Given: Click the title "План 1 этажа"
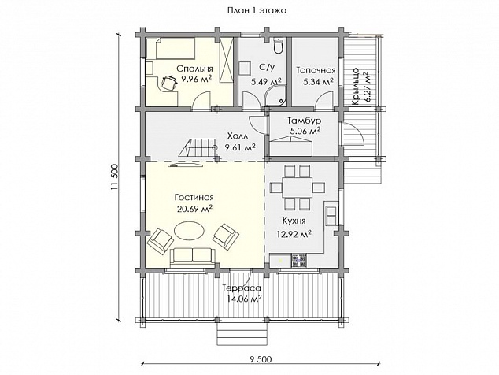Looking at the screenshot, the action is coord(257,10).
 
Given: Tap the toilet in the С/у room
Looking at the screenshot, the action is coord(279,45).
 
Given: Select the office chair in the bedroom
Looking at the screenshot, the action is coord(169,83).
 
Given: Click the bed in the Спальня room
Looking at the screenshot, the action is coord(170,48).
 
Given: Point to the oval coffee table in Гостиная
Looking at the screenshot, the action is coord(190,232).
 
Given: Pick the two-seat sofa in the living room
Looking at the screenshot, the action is coord(192,258).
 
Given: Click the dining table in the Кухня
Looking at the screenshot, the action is coord(298,187).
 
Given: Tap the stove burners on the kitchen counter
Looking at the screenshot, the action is coord(299,260).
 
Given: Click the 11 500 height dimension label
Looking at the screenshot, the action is coord(114,178).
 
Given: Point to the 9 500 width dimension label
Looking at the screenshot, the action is coord(261,359).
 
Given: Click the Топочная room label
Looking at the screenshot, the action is coord(316,70).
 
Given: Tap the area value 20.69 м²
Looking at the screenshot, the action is coord(194,209).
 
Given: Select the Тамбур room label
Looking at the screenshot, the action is coord(305,121).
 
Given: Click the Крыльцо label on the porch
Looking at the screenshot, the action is coord(356,86).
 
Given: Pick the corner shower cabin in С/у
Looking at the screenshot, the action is coord(277,95).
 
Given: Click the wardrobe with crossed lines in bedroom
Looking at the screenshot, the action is coord(227,60).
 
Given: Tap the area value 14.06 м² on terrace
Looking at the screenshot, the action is coord(245,299).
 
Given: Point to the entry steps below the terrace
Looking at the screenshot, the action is coord(242,333).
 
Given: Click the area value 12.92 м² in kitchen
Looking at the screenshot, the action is coord(294,235).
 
